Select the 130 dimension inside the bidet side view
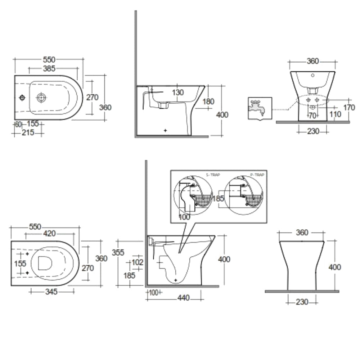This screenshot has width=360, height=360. [x=177, y=93]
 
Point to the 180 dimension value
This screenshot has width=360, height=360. [x=208, y=102]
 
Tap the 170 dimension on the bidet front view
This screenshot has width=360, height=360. [x=349, y=107]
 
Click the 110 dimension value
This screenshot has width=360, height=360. [x=336, y=114]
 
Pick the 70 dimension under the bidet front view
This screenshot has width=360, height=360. [x=312, y=116]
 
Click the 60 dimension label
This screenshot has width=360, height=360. [x=18, y=124]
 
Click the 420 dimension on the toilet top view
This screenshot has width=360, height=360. [x=49, y=234]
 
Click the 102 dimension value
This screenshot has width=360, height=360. [x=137, y=262]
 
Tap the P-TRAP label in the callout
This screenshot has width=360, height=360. [x=258, y=175]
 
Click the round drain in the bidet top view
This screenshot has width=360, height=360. [x=42, y=97]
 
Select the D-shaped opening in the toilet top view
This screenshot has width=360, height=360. [x=44, y=263]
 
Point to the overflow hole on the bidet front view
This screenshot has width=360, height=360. [x=312, y=76]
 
